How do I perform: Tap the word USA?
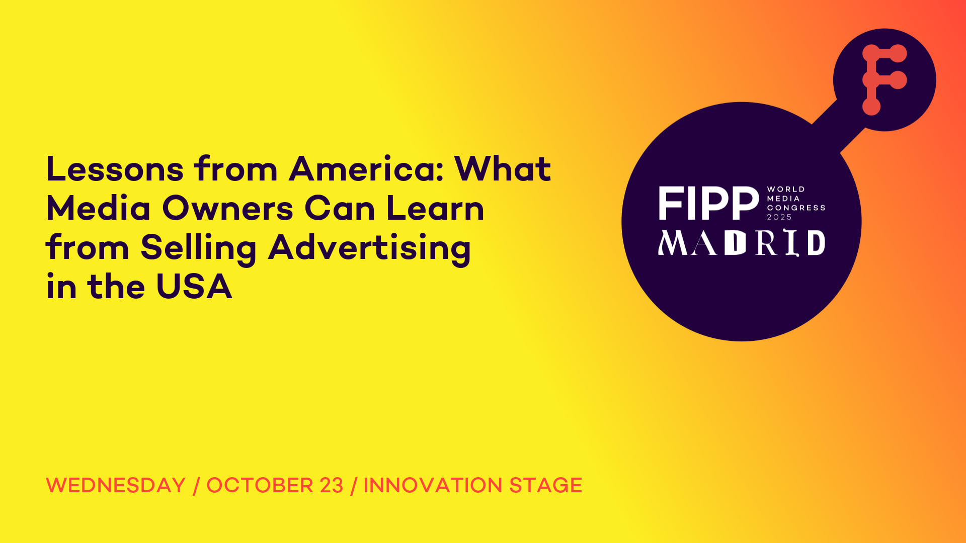[194, 287]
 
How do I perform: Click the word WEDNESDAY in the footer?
[116, 485]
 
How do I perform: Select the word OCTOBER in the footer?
[260, 485]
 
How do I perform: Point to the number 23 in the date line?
[331, 485]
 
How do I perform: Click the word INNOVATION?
[433, 485]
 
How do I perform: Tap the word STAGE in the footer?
[545, 485]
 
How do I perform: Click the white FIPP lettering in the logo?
[708, 203]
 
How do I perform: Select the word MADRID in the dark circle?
[742, 243]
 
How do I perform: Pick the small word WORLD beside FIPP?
[786, 189]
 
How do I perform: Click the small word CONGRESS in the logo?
[796, 208]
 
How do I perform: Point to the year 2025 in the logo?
[779, 217]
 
